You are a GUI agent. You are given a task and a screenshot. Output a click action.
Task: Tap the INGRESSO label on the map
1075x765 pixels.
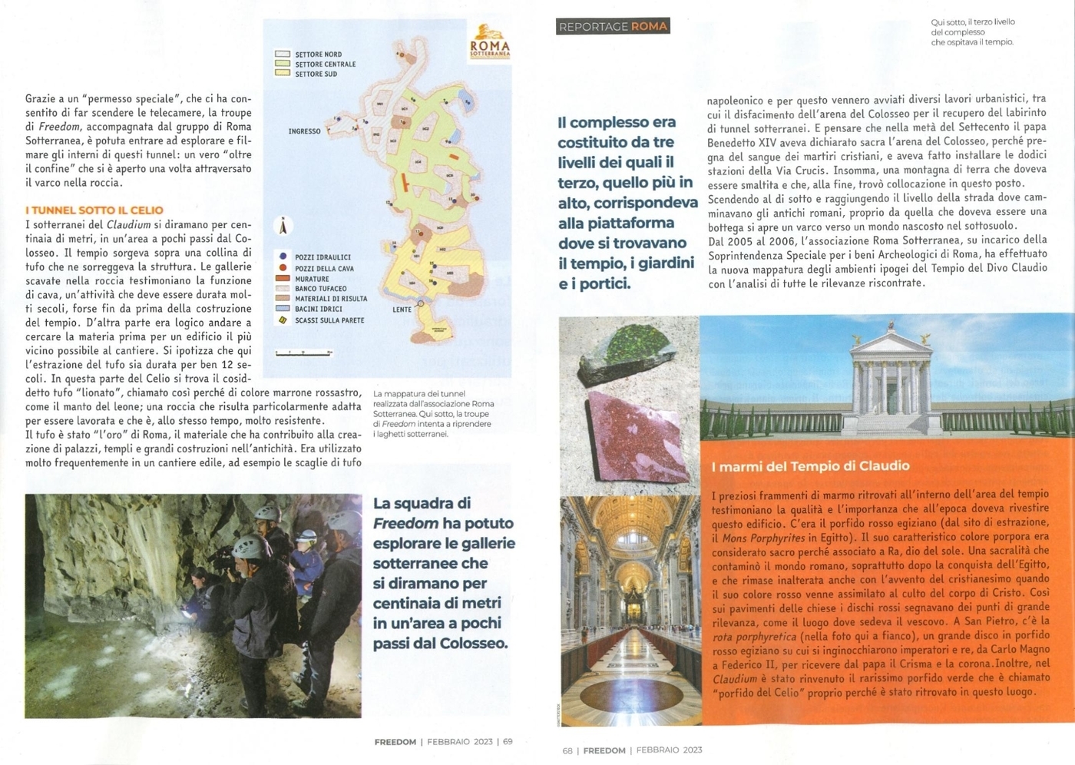point(304,131)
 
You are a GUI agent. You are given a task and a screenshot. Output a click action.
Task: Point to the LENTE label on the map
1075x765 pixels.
point(402,310)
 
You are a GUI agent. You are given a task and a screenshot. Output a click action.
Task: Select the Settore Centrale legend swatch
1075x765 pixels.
point(283,65)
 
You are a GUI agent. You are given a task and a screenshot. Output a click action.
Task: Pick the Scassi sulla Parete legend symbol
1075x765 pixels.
point(283,320)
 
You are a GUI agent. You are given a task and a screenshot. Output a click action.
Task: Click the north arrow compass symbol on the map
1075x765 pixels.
point(283,226)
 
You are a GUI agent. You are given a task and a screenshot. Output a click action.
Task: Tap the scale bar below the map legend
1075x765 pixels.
point(304,353)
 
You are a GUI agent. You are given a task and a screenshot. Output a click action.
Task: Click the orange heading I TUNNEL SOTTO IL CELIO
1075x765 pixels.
point(94,210)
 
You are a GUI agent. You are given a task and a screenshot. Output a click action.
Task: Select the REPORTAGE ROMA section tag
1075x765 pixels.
point(612,27)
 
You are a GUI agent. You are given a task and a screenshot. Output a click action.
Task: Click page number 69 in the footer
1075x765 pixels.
point(508,742)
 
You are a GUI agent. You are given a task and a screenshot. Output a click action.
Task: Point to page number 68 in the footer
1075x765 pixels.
point(567,750)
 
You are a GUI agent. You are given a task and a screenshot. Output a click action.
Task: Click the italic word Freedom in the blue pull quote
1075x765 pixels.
point(405,524)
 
